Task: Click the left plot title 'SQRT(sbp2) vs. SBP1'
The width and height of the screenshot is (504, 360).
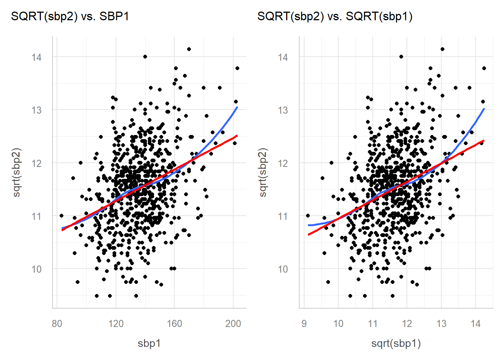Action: point(70,16)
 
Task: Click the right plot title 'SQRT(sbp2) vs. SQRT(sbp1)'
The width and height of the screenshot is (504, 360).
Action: point(335,16)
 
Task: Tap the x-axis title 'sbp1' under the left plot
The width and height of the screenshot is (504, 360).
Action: point(149,343)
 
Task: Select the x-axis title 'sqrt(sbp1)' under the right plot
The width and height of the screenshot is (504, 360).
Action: point(396,343)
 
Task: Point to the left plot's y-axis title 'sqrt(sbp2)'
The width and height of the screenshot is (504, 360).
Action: point(17,172)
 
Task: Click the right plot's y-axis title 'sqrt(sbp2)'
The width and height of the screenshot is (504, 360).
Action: point(263,172)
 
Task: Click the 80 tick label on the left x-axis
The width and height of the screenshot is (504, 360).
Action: point(57,324)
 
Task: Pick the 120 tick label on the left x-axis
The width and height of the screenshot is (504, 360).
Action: point(115,324)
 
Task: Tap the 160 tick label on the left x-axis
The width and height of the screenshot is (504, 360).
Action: point(174,324)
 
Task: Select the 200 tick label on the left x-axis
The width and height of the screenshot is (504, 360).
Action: point(233,324)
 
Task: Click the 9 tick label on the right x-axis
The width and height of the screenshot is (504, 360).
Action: point(304,324)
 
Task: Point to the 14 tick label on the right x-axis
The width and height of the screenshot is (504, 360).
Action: point(475,324)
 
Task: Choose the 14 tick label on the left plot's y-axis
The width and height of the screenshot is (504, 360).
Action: point(37,57)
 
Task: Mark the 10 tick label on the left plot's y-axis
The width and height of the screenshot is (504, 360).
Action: point(37,269)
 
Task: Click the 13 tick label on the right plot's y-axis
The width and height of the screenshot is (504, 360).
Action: point(283,110)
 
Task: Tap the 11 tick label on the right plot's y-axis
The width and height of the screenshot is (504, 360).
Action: point(283,216)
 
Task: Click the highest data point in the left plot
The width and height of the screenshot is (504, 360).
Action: point(189,49)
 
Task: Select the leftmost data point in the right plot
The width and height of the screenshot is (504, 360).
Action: point(308,216)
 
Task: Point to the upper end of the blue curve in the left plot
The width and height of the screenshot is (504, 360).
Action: point(237,107)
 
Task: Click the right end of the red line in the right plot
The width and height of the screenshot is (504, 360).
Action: point(484,141)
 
